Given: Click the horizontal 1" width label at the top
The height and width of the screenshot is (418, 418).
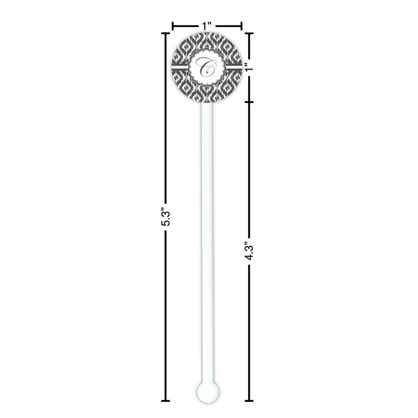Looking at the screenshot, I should click(207, 25).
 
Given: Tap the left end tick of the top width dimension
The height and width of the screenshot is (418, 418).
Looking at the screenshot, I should click(172, 26).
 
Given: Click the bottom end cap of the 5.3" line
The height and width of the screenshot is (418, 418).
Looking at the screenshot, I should click(166, 401).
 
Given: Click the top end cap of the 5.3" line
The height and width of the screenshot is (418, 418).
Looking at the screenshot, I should click(166, 33).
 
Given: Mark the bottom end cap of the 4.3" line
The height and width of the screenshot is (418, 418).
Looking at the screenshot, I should click(249, 401).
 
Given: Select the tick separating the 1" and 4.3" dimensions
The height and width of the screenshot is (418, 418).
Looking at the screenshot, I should click(249, 101).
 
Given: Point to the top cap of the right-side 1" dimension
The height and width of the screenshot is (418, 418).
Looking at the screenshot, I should click(249, 33).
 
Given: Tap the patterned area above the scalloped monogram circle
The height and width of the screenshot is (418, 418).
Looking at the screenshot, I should click(207, 40).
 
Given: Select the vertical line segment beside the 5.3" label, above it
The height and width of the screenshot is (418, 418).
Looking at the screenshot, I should click(166, 118).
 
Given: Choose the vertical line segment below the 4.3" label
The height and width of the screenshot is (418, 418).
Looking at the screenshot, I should click(249, 334).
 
